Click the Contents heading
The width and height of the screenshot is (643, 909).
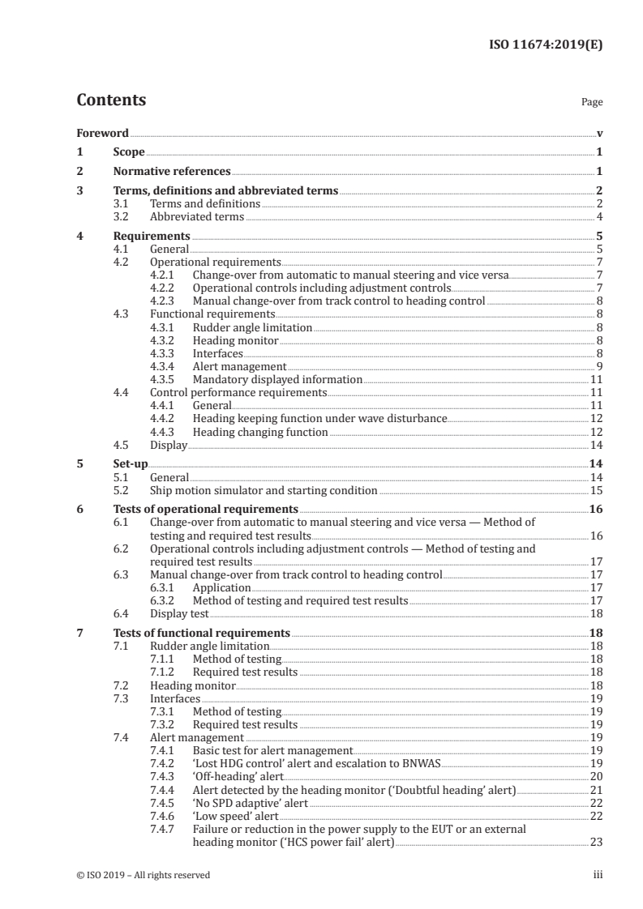tap(111, 100)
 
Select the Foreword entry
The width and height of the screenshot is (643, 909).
tap(102, 133)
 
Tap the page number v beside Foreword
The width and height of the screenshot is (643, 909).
tap(599, 133)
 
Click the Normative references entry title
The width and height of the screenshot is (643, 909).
tap(172, 172)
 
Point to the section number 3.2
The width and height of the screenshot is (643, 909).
tap(121, 217)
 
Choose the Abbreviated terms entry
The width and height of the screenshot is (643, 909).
tap(196, 217)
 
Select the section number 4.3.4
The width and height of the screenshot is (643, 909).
tap(164, 367)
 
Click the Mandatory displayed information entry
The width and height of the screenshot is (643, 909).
tap(276, 379)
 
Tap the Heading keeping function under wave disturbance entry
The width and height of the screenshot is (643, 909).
tap(319, 419)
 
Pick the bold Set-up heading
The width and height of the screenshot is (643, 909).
tap(130, 464)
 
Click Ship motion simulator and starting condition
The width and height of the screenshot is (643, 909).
tap(264, 490)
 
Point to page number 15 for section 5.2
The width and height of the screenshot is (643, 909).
tap(596, 490)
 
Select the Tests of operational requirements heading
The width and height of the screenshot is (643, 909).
tap(205, 510)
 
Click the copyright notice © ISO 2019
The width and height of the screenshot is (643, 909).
tap(144, 875)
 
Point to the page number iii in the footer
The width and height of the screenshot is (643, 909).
tap(598, 875)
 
